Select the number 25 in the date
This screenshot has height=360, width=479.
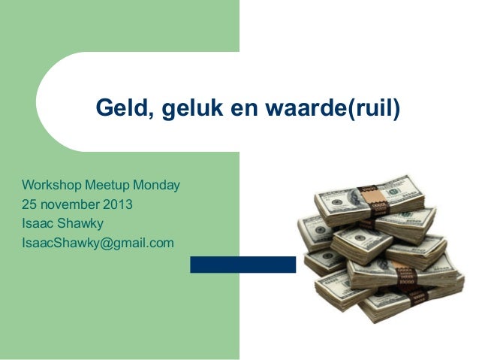29,204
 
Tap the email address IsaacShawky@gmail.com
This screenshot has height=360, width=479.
98,243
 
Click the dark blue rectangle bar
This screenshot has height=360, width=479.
243,265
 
